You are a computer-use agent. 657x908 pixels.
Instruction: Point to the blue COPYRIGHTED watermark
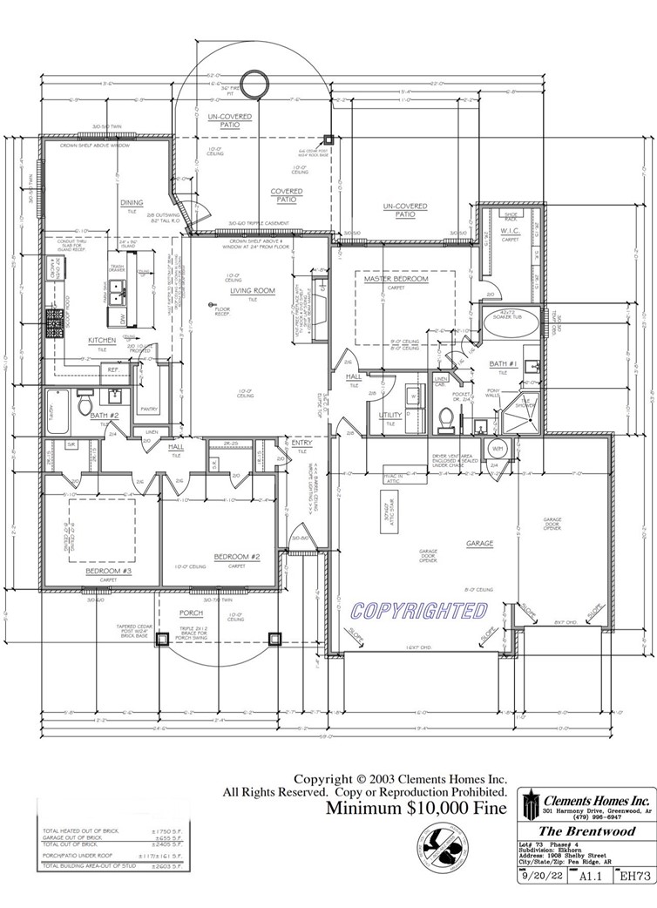[418, 610]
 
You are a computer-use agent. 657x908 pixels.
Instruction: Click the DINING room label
[132, 203]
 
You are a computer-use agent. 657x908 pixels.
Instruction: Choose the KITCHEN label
[101, 340]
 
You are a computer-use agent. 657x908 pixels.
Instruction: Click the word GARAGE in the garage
[479, 543]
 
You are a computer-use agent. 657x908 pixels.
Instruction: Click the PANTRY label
[147, 408]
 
